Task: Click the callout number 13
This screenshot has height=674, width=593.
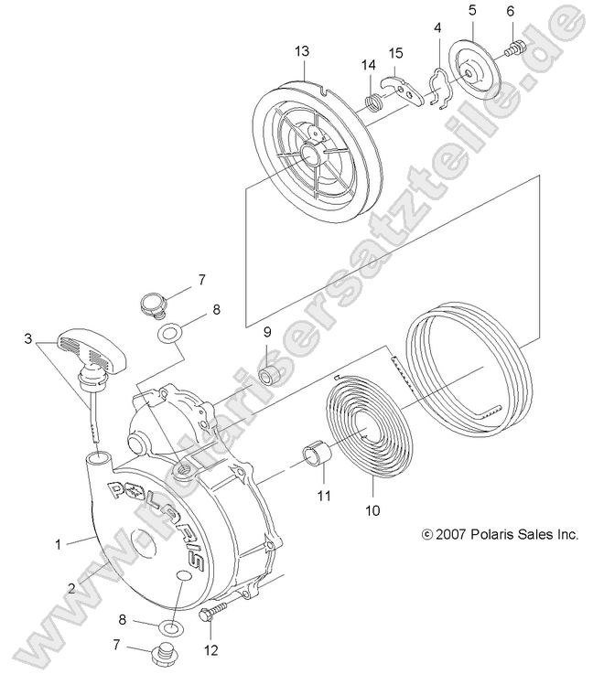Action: pos(302,52)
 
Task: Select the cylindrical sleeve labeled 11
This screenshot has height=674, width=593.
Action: pos(315,455)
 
